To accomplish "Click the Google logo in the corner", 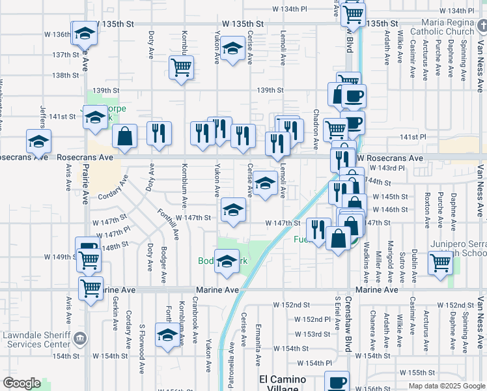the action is coord(21,383).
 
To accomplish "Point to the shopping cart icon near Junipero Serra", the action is coord(440,263).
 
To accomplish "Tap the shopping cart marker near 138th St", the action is coord(181,66).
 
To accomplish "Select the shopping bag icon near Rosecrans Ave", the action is coord(125,136).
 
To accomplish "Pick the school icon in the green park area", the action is coord(227,261).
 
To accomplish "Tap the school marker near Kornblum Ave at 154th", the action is coord(167,335).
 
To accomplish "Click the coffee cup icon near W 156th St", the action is coord(337,383).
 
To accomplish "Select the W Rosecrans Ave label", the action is coord(390,158).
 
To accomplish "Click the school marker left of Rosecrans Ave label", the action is coord(38,139).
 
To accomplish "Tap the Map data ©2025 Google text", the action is coord(446,385).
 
